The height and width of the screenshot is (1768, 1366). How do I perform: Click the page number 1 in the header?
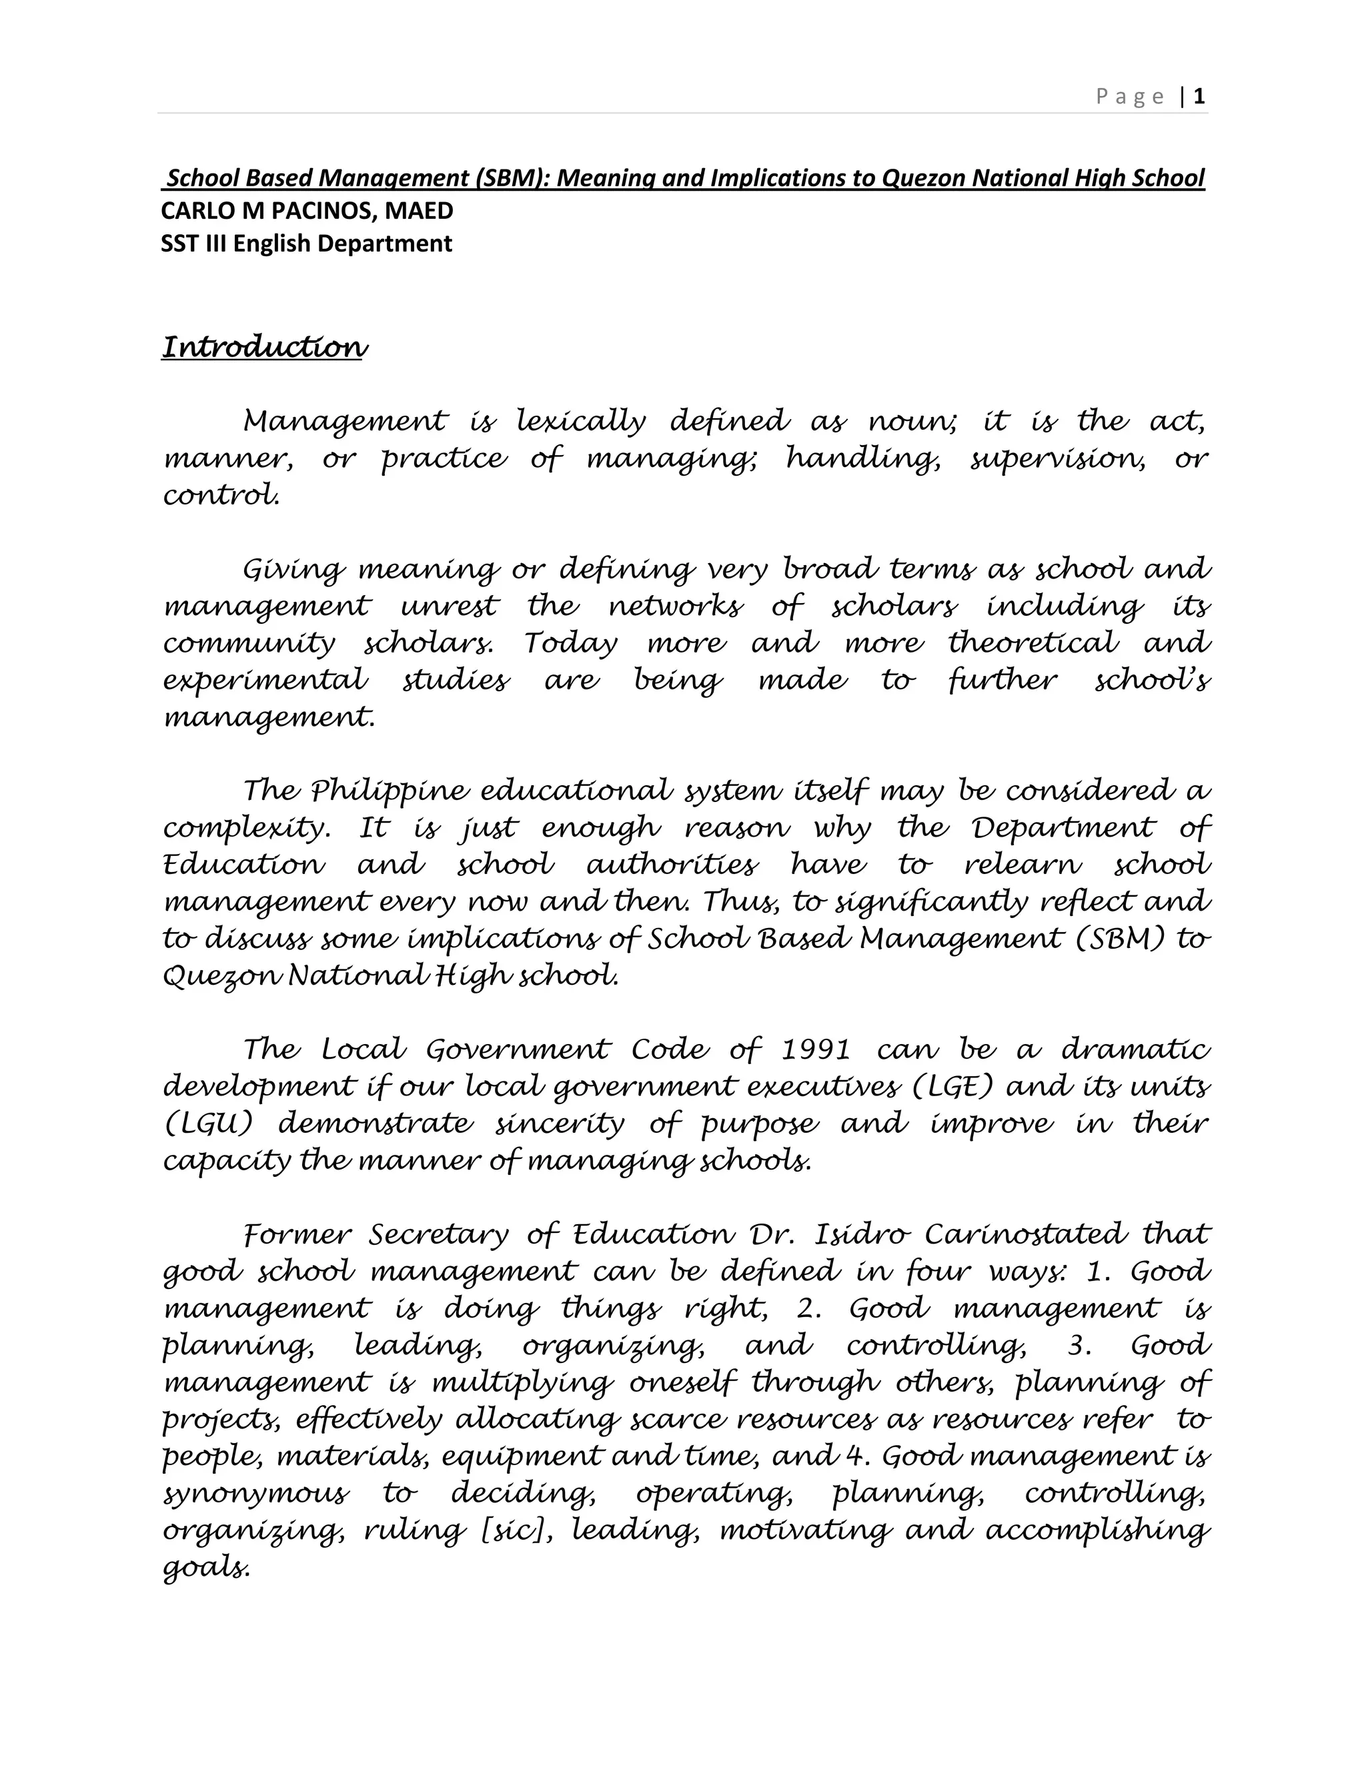1199,97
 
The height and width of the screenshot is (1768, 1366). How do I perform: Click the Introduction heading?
265,348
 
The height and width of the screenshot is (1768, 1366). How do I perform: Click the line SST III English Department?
306,244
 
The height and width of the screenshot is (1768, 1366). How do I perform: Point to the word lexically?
581,422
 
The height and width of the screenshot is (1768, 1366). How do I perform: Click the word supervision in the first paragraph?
1058,459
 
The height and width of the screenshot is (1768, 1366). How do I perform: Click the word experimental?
265,680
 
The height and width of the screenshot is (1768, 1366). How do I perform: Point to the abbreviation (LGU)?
209,1124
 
